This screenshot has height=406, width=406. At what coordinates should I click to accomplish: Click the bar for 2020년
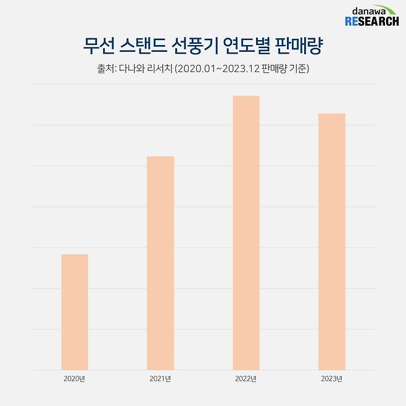[x=75, y=312]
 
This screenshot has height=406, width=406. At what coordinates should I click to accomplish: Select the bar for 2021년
[x=160, y=263]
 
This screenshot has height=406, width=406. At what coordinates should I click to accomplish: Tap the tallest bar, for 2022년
[x=246, y=233]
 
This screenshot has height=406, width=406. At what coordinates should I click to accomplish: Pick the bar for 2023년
[x=331, y=241]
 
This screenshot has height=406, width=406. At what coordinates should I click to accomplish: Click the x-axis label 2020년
[x=74, y=378]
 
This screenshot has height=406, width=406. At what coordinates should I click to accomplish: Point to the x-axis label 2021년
[x=160, y=378]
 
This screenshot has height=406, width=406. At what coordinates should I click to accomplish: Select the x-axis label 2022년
[x=246, y=378]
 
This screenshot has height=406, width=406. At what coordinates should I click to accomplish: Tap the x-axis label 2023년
[x=331, y=378]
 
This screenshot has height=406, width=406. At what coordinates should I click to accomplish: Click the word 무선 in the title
[x=96, y=46]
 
